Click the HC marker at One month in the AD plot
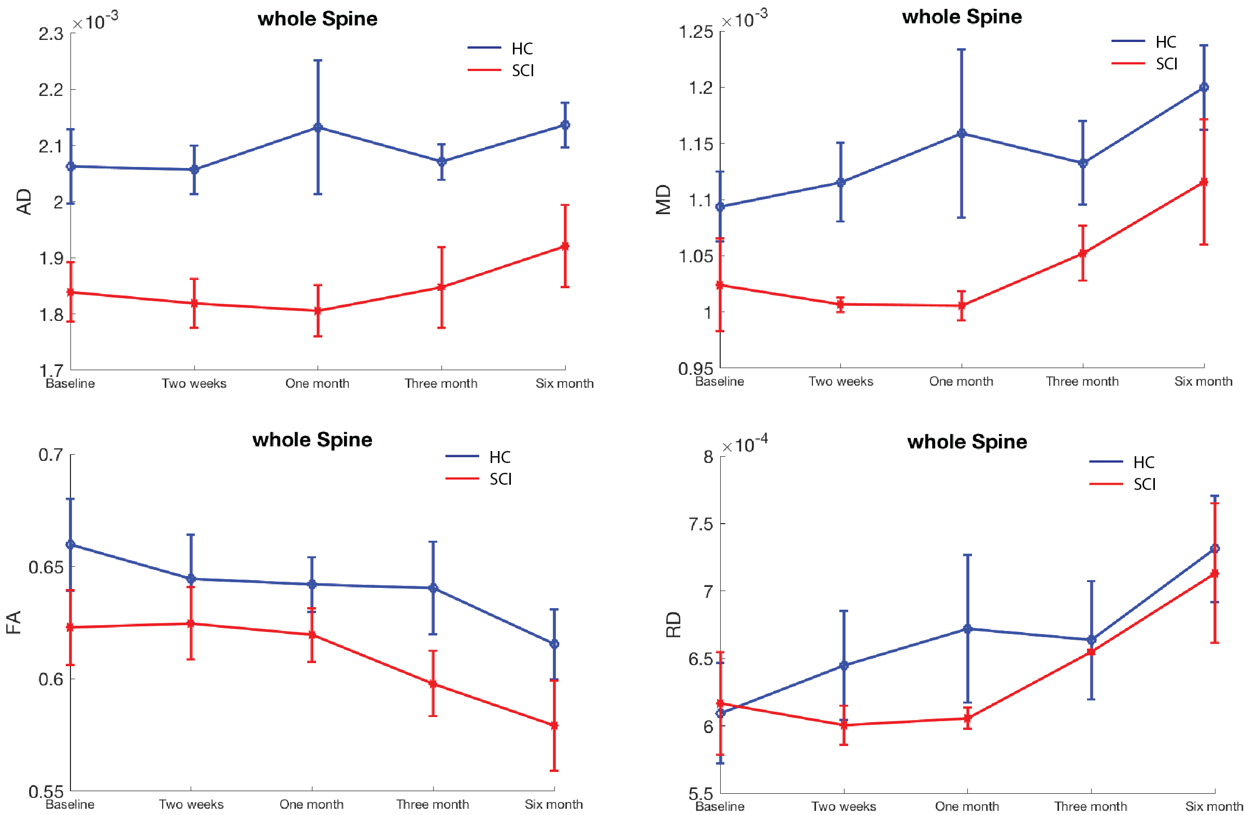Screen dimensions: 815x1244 pos(318,128)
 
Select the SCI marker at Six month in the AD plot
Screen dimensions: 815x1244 pos(565,246)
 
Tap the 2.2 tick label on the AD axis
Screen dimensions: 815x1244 pos(51,90)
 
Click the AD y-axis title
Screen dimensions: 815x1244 pos(24,202)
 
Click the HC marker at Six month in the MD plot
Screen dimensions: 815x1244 pos(1204,88)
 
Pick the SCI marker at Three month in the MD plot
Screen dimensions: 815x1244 pos(1082,254)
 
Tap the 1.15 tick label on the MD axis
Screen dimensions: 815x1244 pos(696,144)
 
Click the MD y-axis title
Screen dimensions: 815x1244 pos(663,200)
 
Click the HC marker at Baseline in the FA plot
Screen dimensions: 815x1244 pos(70,544)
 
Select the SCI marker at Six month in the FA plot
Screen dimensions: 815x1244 pos(554,725)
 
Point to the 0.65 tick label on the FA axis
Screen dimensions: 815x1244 pos(46,567)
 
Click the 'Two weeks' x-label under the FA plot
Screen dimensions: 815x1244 pos(191,804)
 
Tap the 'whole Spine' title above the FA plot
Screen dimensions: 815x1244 pos(312,440)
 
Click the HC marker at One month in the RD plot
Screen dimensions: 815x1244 pos(967,629)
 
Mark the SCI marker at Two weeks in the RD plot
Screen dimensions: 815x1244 pos(843,725)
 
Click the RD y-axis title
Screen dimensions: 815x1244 pos(673,625)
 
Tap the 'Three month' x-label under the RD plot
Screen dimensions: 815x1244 pos(1090,806)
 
